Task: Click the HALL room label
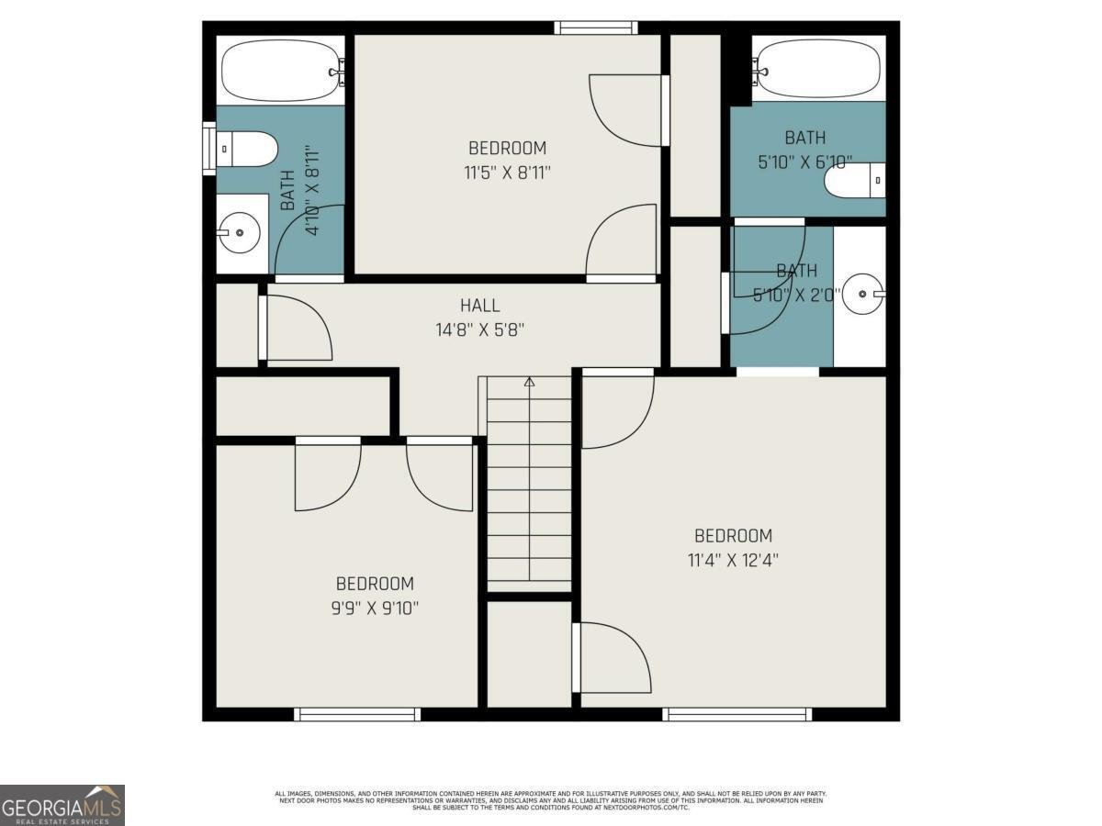pyautogui.click(x=479, y=306)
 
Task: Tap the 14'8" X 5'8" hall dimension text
pyautogui.click(x=479, y=329)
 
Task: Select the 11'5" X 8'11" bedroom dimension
pyautogui.click(x=507, y=171)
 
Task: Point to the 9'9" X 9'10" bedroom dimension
pyautogui.click(x=375, y=607)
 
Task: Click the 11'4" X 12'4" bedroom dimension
pyautogui.click(x=733, y=559)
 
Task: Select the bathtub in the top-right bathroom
pyautogui.click(x=817, y=68)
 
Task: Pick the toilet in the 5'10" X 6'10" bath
pyautogui.click(x=855, y=180)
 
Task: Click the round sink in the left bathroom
pyautogui.click(x=240, y=233)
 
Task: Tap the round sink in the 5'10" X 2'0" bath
pyautogui.click(x=863, y=294)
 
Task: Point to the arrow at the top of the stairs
pyautogui.click(x=529, y=382)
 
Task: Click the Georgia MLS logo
pyautogui.click(x=62, y=805)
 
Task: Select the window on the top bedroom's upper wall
pyautogui.click(x=596, y=28)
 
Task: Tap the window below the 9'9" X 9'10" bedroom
pyautogui.click(x=357, y=714)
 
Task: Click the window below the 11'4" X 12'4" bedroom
pyautogui.click(x=737, y=714)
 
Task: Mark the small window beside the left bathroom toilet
pyautogui.click(x=208, y=147)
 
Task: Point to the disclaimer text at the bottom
pyautogui.click(x=551, y=799)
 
